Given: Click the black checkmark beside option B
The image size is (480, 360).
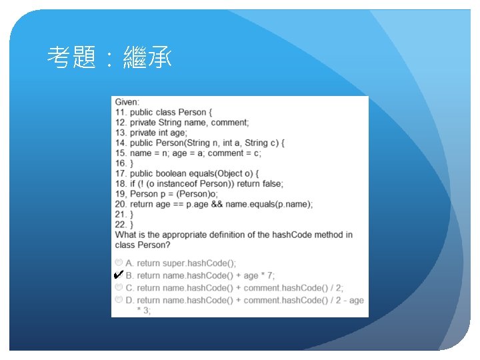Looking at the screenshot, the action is (119, 274).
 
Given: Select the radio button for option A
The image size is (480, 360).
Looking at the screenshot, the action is (119, 263).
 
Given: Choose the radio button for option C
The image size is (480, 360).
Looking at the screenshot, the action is (119, 287).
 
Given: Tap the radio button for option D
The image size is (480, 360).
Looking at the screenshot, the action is (119, 299).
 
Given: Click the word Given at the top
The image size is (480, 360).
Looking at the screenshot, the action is (127, 102).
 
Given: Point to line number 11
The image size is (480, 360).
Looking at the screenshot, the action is (121, 113).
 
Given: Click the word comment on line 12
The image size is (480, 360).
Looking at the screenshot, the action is (229, 123).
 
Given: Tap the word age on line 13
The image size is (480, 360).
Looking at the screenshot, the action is (178, 133).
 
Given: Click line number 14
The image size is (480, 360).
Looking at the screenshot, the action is (121, 143).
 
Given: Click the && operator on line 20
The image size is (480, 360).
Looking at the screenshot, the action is (217, 204).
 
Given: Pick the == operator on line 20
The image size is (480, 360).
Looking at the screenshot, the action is (178, 205).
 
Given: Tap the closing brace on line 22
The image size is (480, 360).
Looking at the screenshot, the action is (131, 225).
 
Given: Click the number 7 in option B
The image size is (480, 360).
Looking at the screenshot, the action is (270, 275).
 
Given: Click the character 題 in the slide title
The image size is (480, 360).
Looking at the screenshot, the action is (84, 57).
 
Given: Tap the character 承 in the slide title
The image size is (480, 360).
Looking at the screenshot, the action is (159, 57).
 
